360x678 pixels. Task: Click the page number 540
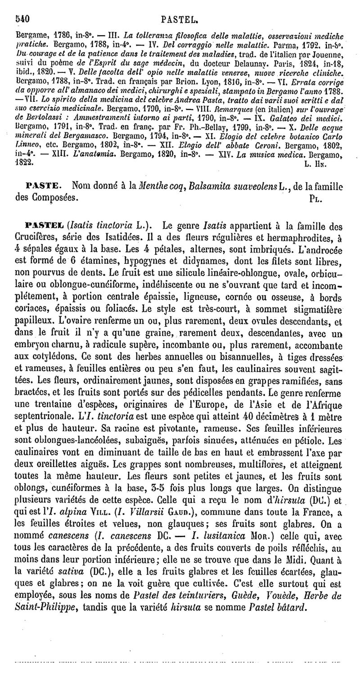22,19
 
